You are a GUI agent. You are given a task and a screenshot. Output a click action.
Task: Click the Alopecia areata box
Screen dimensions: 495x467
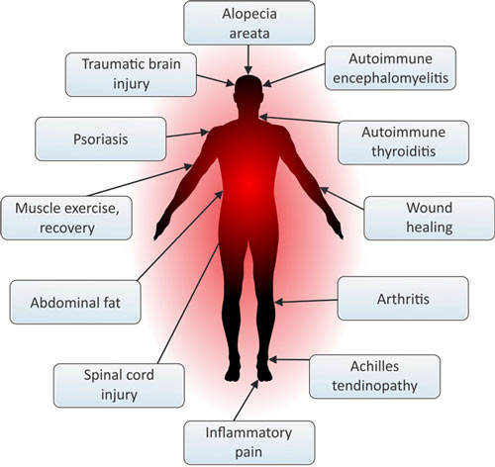249,23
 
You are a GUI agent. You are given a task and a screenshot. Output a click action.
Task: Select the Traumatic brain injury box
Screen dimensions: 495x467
131,74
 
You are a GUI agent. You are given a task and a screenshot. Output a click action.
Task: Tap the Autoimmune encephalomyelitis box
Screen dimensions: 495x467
390,68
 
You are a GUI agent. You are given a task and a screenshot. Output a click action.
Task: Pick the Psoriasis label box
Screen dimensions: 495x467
101,139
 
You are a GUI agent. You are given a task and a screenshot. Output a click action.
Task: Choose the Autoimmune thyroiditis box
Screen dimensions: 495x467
403,142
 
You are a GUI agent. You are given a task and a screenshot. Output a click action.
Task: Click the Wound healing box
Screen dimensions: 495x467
429,218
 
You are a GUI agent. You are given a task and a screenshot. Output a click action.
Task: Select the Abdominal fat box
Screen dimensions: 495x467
75,302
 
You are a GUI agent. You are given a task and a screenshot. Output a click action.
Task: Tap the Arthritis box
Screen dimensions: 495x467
403,298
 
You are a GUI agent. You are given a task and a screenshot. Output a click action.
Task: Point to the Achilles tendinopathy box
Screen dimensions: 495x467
374,376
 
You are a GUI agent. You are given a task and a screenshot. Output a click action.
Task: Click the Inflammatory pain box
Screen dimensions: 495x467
249,442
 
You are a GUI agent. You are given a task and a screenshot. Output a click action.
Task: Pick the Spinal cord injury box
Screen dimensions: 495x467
119,385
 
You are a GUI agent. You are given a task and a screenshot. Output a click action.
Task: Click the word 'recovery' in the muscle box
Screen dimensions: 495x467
67,228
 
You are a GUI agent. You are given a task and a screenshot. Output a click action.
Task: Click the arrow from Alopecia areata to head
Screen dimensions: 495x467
248,59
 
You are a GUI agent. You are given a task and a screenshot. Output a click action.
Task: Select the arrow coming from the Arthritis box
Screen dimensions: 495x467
306,301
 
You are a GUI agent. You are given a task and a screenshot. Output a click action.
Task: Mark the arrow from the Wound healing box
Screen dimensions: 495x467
343,198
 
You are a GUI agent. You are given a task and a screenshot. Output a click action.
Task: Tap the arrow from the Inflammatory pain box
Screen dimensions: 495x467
246,401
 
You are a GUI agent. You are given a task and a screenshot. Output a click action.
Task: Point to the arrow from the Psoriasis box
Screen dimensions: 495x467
187,135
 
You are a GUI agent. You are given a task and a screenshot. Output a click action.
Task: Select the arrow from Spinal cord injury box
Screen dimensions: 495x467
188,304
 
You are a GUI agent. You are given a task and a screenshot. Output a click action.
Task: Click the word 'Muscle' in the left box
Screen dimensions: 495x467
35,209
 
